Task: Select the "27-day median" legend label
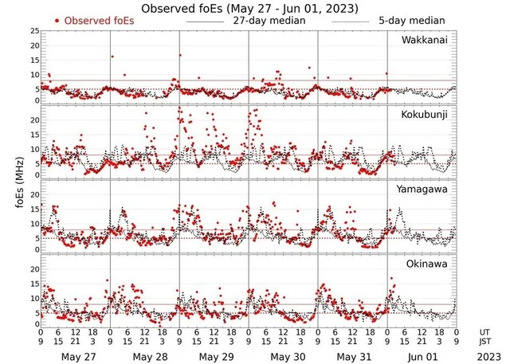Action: point(269,20)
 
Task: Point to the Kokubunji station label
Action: point(425,115)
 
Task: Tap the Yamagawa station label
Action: point(424,190)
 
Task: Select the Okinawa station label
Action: point(427,264)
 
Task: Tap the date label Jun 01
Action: point(422,356)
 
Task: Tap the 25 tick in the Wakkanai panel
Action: point(34,30)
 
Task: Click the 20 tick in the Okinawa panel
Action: point(34,269)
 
